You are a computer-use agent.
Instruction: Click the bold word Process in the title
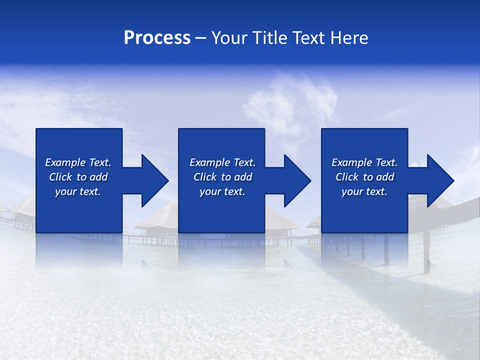[x=157, y=38]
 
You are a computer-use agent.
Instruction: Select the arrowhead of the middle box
[x=296, y=180]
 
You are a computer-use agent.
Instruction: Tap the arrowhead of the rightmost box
[x=439, y=180]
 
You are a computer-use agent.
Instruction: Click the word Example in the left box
[x=66, y=162]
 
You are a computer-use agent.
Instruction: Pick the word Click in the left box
[x=61, y=177]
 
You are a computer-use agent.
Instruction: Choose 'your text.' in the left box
[x=78, y=191]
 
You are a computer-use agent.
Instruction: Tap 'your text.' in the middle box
[x=222, y=191]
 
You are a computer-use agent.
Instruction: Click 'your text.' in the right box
[x=364, y=191]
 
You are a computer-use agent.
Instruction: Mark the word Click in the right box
[x=347, y=177]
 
